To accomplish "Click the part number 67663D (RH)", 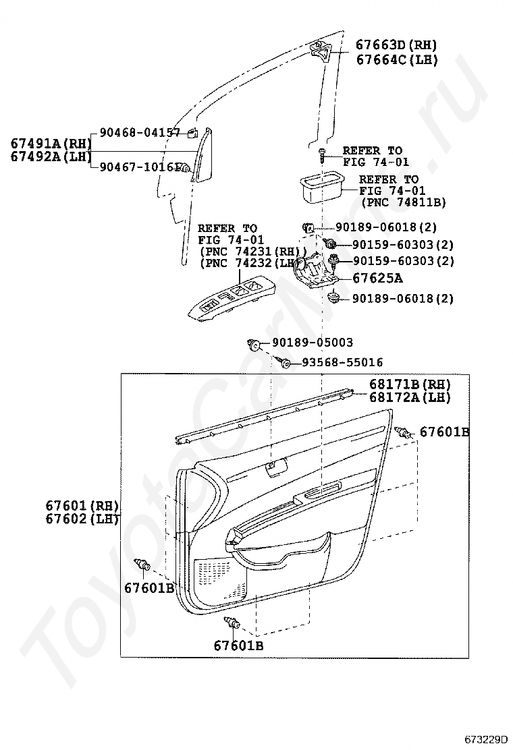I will click(396, 46).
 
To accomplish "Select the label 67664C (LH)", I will click(396, 59).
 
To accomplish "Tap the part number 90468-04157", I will click(140, 133).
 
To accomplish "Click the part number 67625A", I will click(378, 278).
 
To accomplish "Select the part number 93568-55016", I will click(342, 362).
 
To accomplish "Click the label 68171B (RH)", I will click(409, 384).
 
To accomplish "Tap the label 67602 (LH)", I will click(82, 519).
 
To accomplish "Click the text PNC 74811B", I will click(404, 202).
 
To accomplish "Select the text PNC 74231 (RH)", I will click(252, 252).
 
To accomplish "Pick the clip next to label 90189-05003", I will click(254, 345).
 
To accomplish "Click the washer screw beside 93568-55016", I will click(286, 363).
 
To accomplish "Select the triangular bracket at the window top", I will click(321, 51).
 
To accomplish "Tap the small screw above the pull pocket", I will click(323, 154).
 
